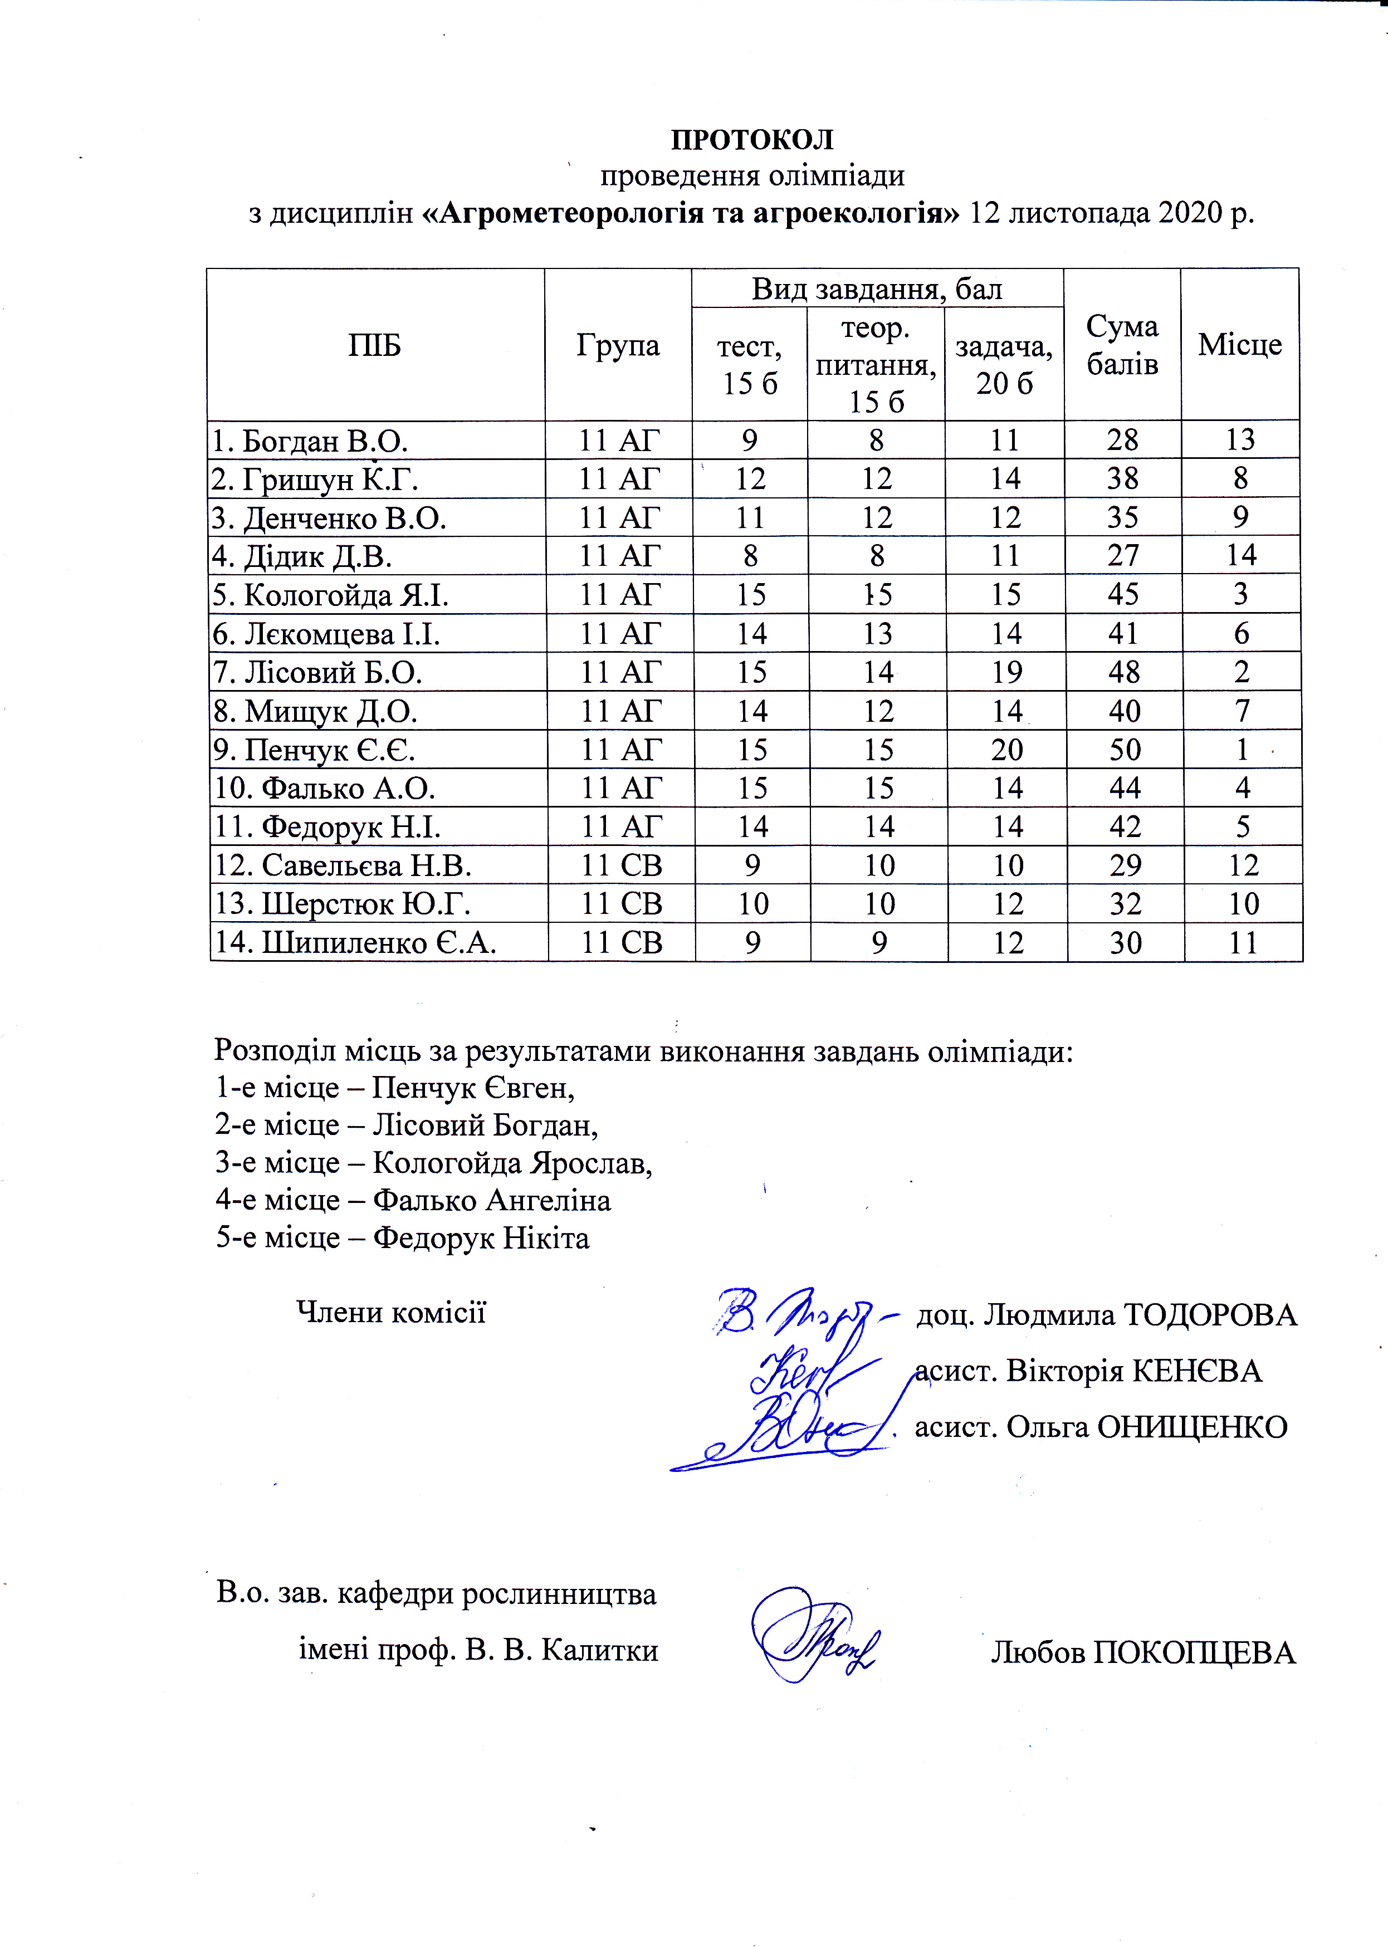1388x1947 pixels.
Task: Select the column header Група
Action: coord(618,345)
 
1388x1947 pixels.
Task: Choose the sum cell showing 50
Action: coord(1125,750)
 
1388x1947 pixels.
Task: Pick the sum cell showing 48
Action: coord(1124,672)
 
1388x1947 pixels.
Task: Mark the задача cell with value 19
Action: coord(1007,672)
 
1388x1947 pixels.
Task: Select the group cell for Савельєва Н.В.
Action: coord(622,865)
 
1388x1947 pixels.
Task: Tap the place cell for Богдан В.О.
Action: coord(1240,439)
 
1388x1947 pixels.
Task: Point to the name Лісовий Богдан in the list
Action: coord(485,1125)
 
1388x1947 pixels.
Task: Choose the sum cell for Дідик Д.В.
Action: coord(1123,556)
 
